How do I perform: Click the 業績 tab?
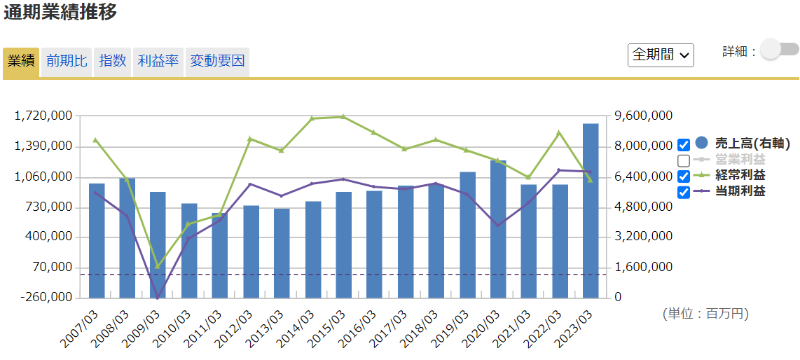pyautogui.click(x=21, y=61)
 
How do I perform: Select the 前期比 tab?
pyautogui.click(x=67, y=61)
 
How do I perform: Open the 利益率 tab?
pyautogui.click(x=158, y=61)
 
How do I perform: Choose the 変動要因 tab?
pyautogui.click(x=217, y=61)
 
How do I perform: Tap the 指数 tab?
pyautogui.click(x=112, y=61)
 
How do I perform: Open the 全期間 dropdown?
pyautogui.click(x=661, y=55)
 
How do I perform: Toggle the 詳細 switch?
pyautogui.click(x=779, y=49)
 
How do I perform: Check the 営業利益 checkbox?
pyautogui.click(x=684, y=160)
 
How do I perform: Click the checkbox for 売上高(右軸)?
pyautogui.click(x=684, y=145)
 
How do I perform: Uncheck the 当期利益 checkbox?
pyautogui.click(x=684, y=191)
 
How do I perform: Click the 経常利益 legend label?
pyautogui.click(x=740, y=175)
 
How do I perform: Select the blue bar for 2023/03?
pyautogui.click(x=591, y=210)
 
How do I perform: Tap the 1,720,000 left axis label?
pyautogui.click(x=44, y=116)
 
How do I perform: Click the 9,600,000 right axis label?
pyautogui.click(x=643, y=116)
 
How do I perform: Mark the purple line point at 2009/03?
pyautogui.click(x=158, y=298)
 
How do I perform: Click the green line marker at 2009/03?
pyautogui.click(x=158, y=266)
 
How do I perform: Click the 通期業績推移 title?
pyautogui.click(x=60, y=13)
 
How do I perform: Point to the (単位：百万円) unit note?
pyautogui.click(x=705, y=314)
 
